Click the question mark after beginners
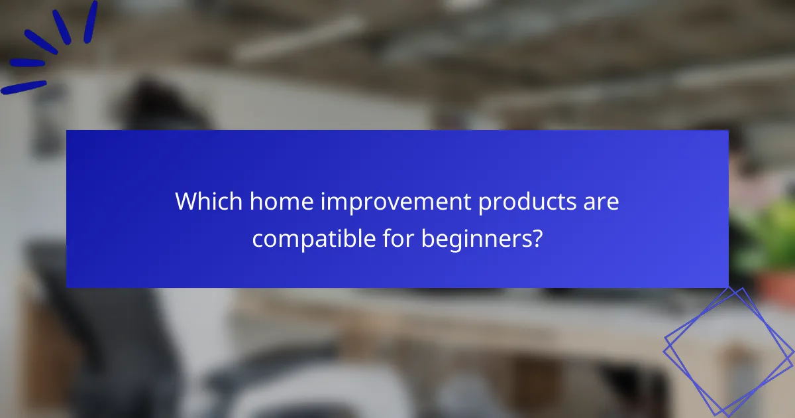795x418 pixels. coord(537,238)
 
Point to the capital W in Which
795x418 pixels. coord(187,202)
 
